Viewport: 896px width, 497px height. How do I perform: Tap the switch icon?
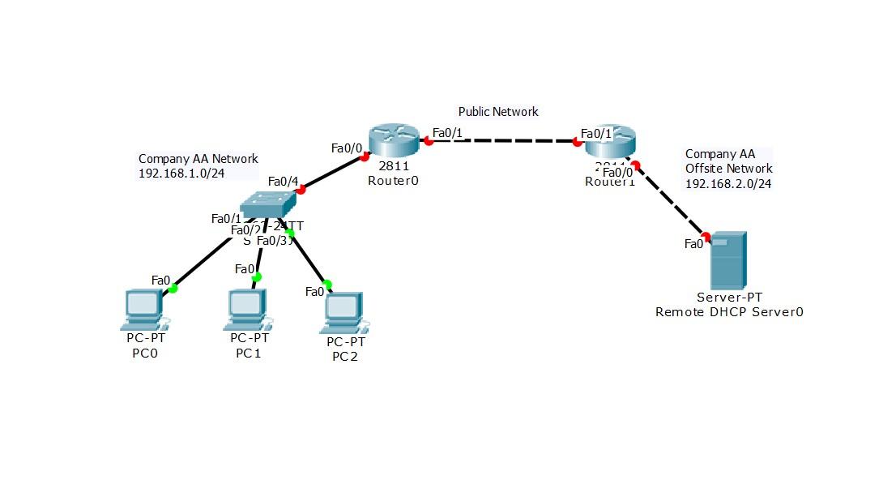(x=270, y=204)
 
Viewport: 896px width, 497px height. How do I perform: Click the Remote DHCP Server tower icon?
(x=727, y=260)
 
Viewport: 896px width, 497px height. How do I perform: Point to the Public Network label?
(x=498, y=112)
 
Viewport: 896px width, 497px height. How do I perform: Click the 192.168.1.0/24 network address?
(x=181, y=173)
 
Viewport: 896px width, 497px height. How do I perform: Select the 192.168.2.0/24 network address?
(x=727, y=183)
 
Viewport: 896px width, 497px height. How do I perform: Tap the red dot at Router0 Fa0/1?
(x=429, y=141)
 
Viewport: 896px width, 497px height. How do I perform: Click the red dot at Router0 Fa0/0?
(x=365, y=157)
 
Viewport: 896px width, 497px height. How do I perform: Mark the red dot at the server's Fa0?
(x=706, y=237)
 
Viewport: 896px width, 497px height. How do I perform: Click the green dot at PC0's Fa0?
(x=173, y=287)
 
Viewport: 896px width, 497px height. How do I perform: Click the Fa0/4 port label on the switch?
(x=283, y=180)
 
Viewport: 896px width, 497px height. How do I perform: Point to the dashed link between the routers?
(x=502, y=141)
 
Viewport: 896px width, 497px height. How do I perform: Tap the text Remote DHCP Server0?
(x=729, y=311)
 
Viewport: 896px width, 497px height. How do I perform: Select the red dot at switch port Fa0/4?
(x=301, y=190)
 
